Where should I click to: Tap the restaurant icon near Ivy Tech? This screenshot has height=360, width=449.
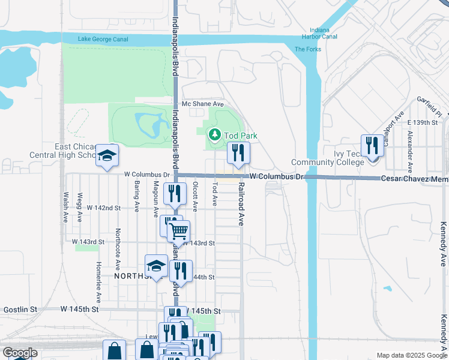(372, 146)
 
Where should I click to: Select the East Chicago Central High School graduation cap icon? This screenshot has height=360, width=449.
(107, 156)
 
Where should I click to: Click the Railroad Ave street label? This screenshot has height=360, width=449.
(242, 204)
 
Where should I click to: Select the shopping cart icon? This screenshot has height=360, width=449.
(178, 230)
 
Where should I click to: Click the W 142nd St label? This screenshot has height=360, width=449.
(104, 208)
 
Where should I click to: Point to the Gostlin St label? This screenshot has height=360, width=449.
(20, 310)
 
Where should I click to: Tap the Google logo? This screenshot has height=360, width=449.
(20, 353)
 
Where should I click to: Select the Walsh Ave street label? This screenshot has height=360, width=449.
(65, 206)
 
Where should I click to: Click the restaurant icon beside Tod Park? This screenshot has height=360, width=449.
(238, 153)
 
